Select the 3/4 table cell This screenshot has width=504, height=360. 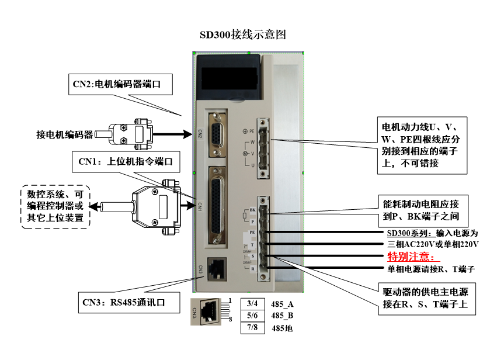pyautogui.click(x=252, y=303)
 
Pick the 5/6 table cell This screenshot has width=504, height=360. pyautogui.click(x=252, y=316)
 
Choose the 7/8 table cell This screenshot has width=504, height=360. pyautogui.click(x=252, y=328)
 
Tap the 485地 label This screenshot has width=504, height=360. pyautogui.click(x=282, y=328)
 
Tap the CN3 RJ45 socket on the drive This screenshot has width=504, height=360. pyautogui.click(x=216, y=268)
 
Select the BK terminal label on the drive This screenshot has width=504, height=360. pyautogui.click(x=252, y=209)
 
